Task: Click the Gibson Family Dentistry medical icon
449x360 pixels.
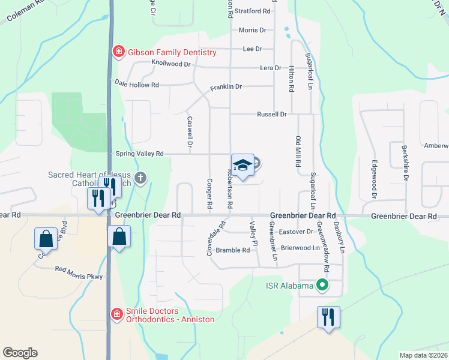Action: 119,53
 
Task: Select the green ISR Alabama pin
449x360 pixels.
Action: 323,286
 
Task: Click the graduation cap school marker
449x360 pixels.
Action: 243,165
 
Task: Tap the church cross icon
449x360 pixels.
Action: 140,178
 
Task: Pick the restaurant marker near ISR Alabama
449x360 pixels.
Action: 328,316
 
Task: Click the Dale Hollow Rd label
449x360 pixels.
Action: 137,85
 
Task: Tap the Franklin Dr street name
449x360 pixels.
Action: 226,87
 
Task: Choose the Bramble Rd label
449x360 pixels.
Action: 232,250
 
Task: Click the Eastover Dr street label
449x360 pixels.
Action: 297,231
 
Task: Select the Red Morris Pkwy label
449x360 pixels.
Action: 79,273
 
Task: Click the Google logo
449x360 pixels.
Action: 20,352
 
